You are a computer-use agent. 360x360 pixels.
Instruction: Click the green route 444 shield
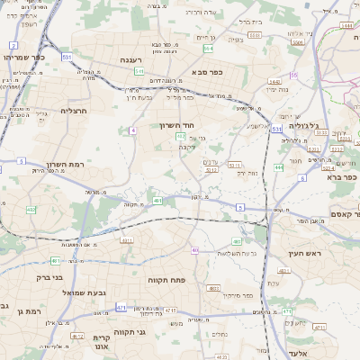point(279,167)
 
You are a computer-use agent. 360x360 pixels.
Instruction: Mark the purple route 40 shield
point(195,250)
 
